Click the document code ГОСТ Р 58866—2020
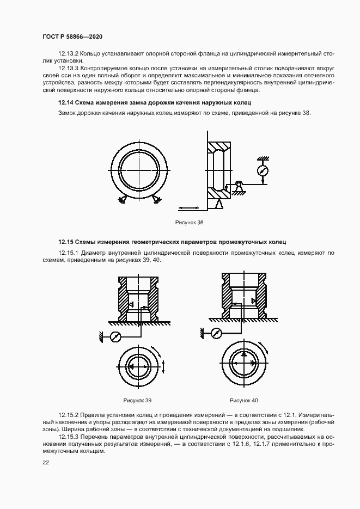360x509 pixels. click(72, 36)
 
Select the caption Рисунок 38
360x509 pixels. click(189, 223)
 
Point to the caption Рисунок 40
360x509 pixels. click(243, 400)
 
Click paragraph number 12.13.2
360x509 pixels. click(69, 54)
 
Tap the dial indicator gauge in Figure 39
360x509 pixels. click(115, 337)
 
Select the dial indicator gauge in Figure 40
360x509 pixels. click(216, 333)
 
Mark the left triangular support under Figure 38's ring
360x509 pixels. click(121, 200)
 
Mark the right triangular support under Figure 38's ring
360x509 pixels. click(157, 200)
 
